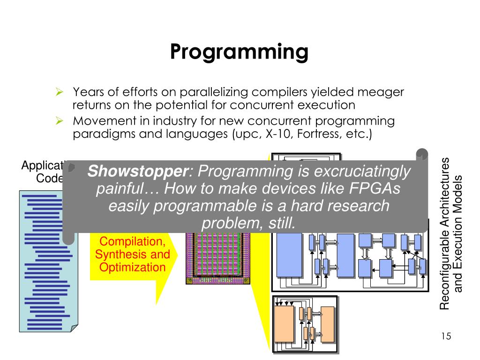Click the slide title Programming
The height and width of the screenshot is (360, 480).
(239, 52)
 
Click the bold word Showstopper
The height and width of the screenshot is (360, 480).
(137, 171)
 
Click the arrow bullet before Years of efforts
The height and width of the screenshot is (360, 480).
(60, 91)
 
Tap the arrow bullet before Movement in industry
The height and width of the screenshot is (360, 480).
(60, 121)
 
